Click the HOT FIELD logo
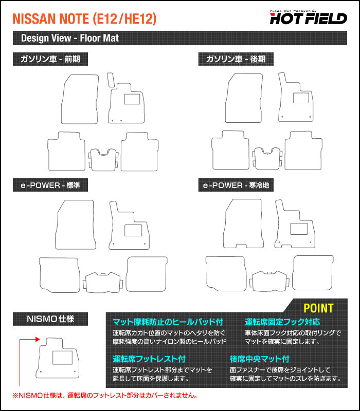(x=309, y=18)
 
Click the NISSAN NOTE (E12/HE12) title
(x=84, y=19)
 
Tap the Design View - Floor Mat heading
(x=69, y=39)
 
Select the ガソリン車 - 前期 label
(x=50, y=59)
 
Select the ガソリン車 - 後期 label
(x=236, y=59)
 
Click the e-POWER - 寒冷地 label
(x=236, y=185)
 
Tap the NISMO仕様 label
(x=50, y=319)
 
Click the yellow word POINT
(x=318, y=308)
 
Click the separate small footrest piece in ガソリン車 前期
(x=110, y=80)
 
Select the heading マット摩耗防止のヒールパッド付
(x=168, y=322)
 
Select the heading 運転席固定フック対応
(x=282, y=322)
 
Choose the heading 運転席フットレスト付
(x=149, y=359)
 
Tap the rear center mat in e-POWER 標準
(x=104, y=282)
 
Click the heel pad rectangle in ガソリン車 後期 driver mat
(x=301, y=98)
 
